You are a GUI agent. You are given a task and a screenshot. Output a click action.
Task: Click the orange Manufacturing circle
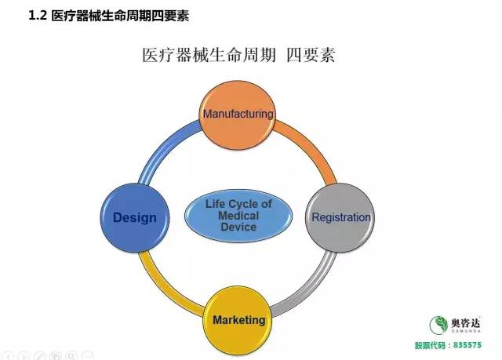tap(237, 115)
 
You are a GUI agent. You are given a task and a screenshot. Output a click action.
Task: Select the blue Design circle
tap(135, 217)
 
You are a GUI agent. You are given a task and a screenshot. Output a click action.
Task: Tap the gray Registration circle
tap(340, 217)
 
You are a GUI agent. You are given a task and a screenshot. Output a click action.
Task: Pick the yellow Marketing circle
tap(238, 321)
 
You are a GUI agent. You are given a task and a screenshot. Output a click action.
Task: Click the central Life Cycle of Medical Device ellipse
tap(238, 216)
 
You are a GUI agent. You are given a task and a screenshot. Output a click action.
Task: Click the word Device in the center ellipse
tap(238, 227)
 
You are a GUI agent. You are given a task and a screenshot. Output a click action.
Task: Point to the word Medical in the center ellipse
tap(238, 216)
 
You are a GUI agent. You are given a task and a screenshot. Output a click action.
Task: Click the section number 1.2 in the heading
tap(38, 16)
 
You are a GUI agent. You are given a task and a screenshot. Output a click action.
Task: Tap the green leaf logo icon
tap(438, 325)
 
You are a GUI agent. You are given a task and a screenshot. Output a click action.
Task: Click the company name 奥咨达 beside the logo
tap(466, 322)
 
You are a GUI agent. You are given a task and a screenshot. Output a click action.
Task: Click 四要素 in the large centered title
tap(311, 55)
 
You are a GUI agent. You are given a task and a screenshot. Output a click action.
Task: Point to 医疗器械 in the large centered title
tap(176, 55)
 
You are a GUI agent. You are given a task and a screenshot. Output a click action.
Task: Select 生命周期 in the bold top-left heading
tap(126, 16)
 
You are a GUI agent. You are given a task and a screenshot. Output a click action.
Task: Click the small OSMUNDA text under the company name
tap(466, 331)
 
